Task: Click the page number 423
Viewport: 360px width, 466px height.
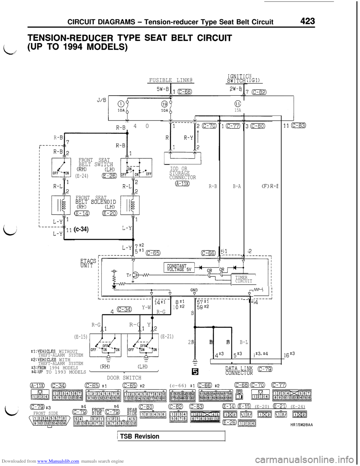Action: coord(307,21)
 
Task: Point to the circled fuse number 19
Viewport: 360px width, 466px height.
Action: coord(164,104)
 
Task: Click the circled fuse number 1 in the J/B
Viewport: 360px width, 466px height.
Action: coord(121,104)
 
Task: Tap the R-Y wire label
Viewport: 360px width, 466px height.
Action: coord(188,138)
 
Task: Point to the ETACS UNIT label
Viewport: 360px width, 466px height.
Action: coord(88,263)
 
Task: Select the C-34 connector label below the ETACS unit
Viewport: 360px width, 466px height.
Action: coord(124,310)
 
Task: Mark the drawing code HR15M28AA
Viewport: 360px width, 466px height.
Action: coord(301,425)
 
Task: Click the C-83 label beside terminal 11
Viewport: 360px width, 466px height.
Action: coord(298,126)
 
